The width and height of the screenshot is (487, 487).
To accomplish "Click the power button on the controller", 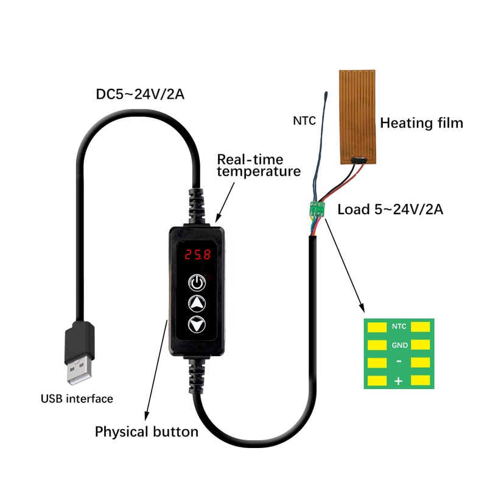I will coord(196,282).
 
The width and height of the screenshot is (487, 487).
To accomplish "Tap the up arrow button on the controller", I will coord(196,303).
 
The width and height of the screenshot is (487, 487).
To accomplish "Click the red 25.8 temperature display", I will coord(196,255).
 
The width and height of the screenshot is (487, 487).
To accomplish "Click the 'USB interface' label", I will coord(77,399).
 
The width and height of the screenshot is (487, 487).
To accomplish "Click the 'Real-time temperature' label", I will coord(259,165).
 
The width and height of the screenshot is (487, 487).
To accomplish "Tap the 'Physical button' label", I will coord(146,432).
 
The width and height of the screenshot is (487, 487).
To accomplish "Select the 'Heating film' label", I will coord(421,123).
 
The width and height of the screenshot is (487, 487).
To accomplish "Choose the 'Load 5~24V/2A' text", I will coord(390,210).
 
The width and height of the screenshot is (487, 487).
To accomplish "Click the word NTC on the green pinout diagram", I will coord(399,326).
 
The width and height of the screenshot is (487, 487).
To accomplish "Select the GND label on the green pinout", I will coord(399,345).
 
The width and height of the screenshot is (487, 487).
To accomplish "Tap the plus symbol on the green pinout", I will coord(399,382).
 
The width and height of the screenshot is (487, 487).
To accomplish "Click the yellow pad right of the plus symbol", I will coord(421,382).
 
